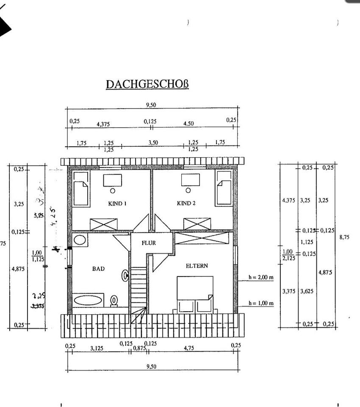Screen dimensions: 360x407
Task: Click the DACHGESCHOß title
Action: click(x=147, y=84)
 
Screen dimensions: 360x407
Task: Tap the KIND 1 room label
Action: click(x=117, y=203)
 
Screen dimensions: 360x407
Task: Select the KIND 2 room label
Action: click(x=186, y=203)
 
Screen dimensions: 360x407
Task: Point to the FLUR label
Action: click(x=149, y=243)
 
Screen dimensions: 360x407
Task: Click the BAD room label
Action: click(x=98, y=268)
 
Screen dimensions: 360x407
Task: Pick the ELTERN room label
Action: click(x=197, y=266)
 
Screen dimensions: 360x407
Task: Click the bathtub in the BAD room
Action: click(x=88, y=301)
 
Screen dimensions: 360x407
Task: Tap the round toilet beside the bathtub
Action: click(x=114, y=300)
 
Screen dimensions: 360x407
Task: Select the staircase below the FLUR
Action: click(x=138, y=293)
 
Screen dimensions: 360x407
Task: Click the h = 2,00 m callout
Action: click(x=261, y=278)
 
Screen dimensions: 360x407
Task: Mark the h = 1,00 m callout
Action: click(x=261, y=303)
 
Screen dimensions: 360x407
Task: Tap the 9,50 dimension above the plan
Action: click(x=151, y=105)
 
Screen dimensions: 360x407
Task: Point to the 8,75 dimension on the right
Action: click(x=344, y=237)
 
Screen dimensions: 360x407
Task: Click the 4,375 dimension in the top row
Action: click(x=103, y=124)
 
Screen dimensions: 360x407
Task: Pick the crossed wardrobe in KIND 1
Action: click(x=104, y=224)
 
